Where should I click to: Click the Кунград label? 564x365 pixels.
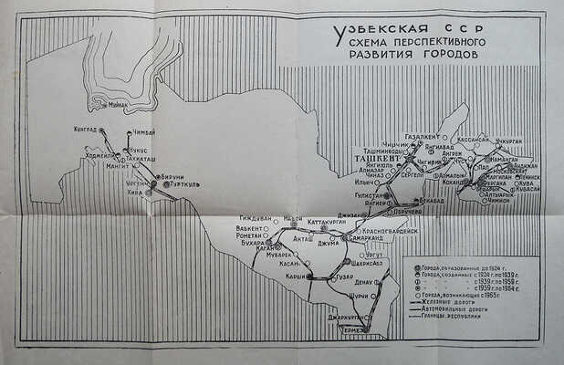tap(85, 130)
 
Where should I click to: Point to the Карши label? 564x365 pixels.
tap(294, 275)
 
